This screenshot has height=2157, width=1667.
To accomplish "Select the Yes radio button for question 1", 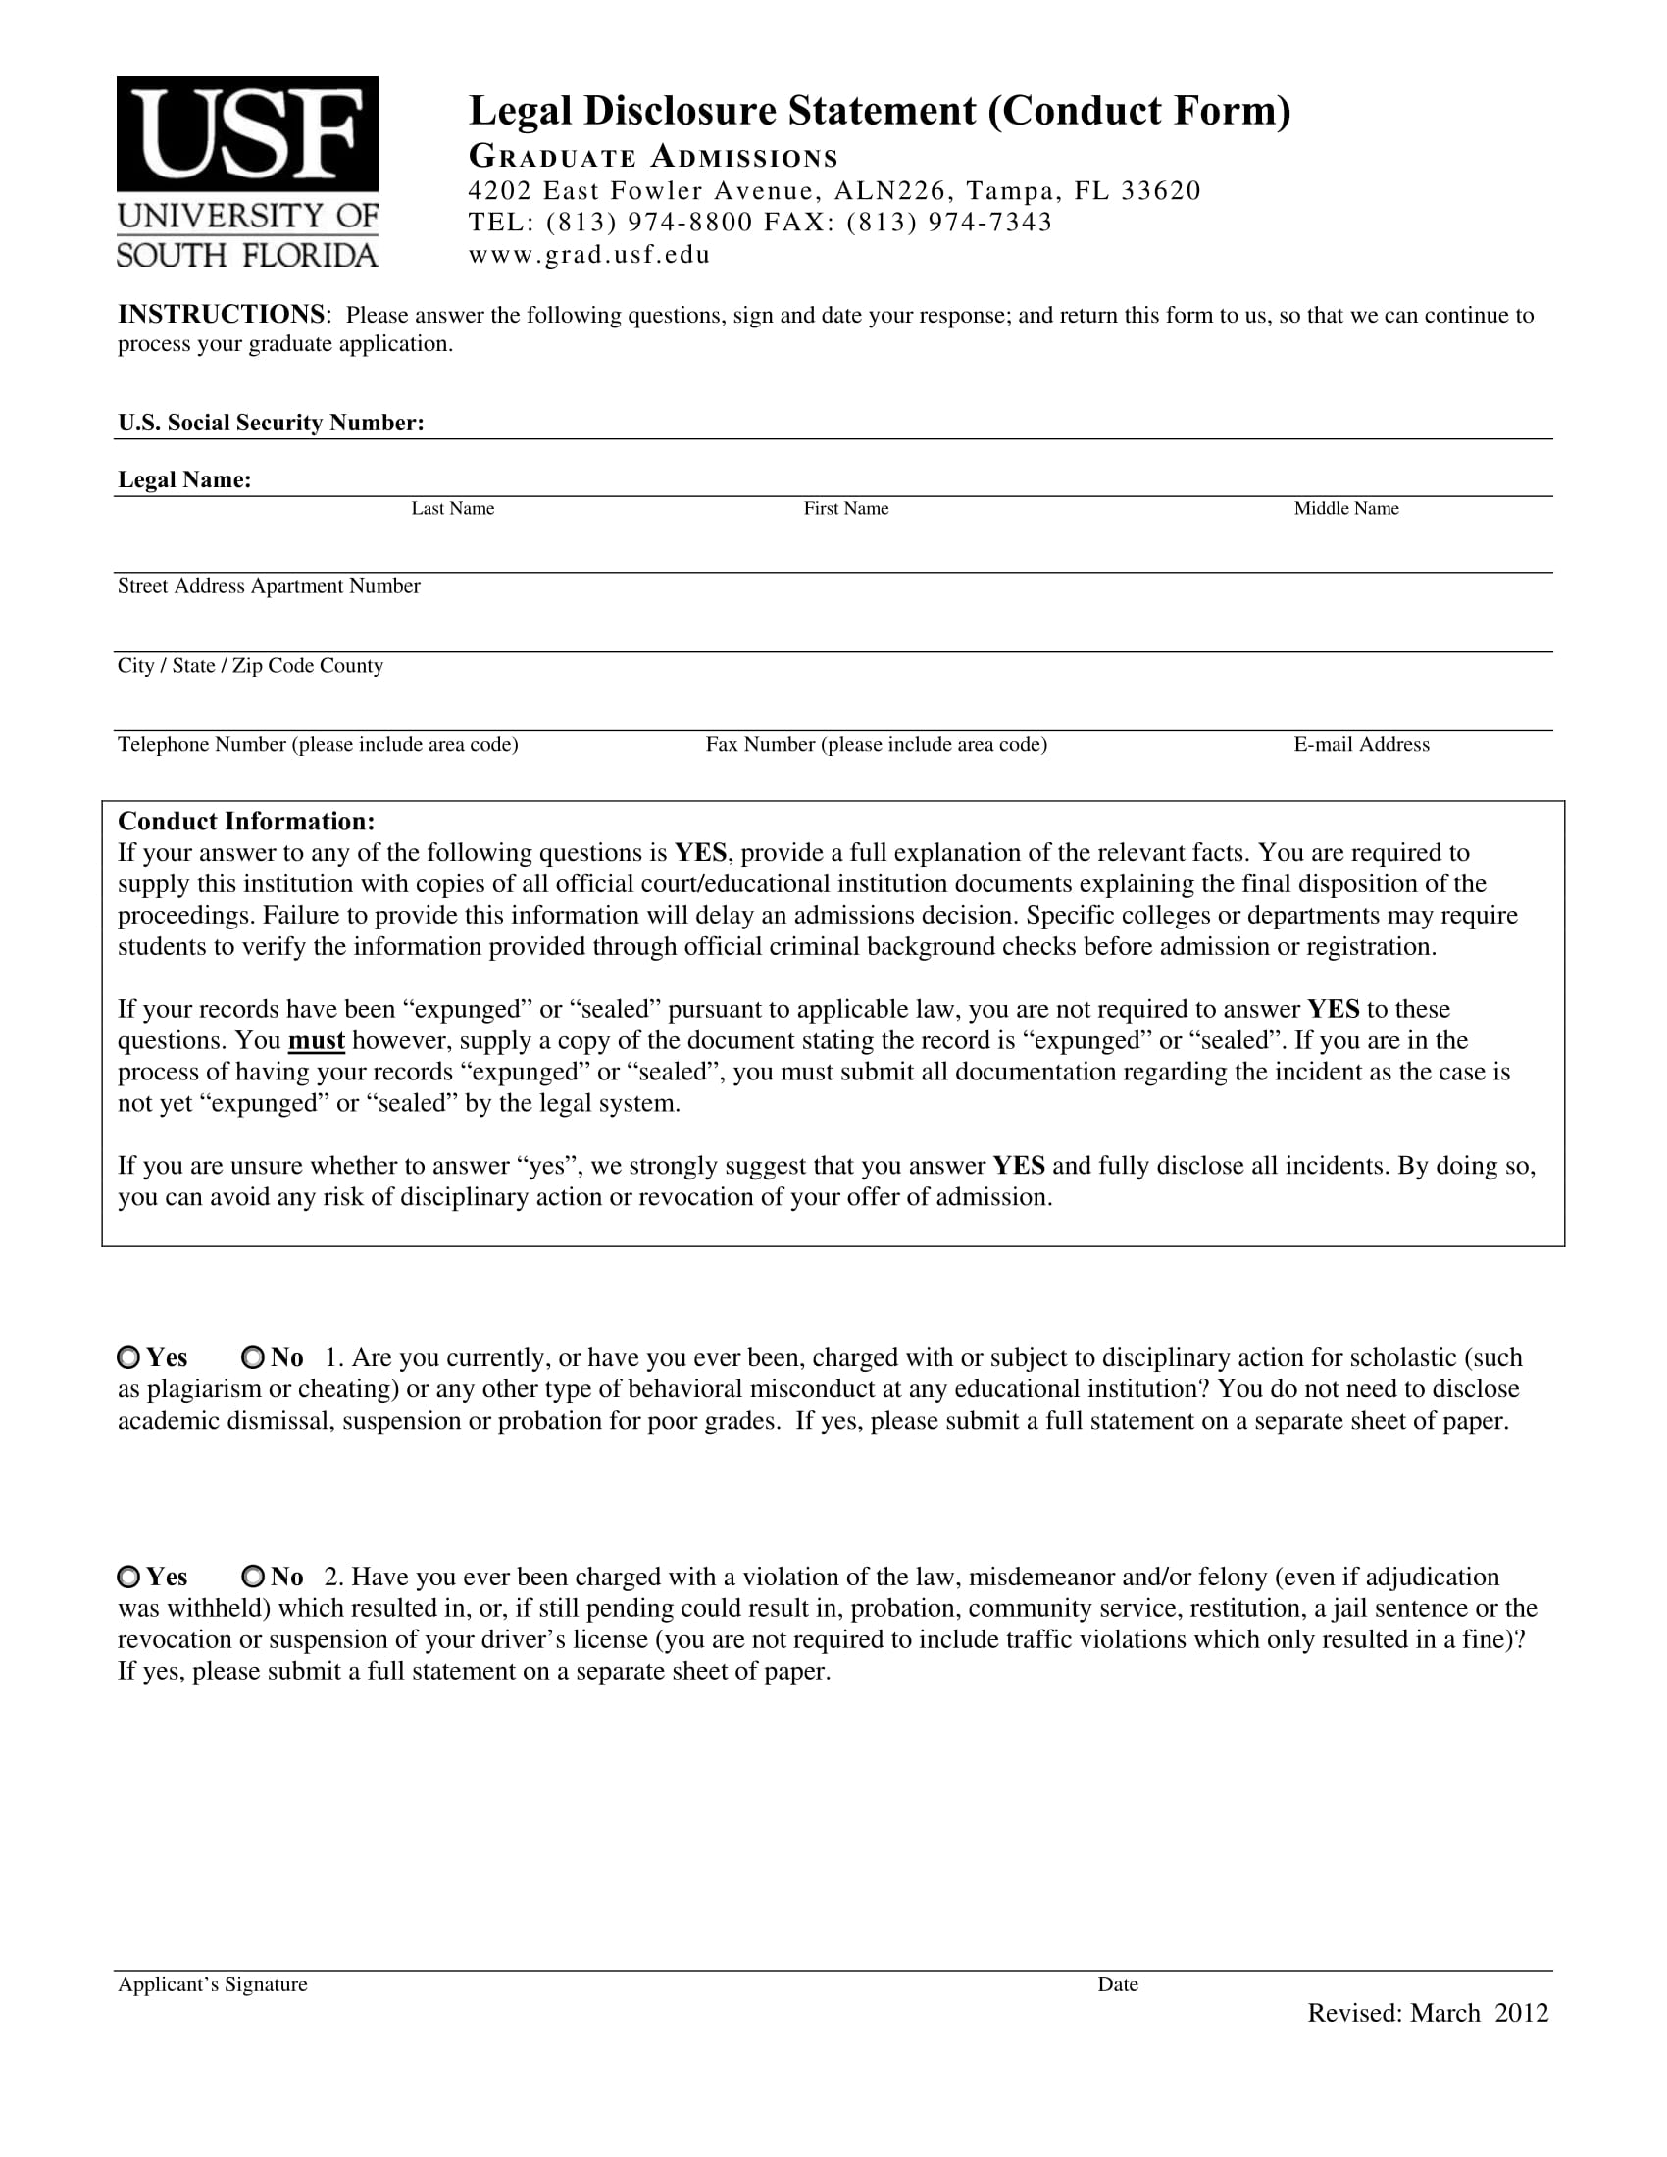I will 128,1357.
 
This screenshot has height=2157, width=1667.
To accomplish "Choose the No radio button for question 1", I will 253,1357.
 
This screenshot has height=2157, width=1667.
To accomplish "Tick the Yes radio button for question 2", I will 128,1577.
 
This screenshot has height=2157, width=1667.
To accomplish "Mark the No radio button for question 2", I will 253,1577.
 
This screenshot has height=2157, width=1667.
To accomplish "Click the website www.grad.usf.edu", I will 589,255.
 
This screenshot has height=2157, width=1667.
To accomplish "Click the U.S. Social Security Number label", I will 271,423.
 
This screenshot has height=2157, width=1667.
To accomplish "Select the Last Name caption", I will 452,509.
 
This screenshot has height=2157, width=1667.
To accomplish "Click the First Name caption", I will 845,509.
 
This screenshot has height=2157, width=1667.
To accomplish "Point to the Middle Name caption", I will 1346,509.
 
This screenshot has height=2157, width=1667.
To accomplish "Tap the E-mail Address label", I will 1361,745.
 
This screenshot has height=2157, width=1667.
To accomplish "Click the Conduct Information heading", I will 246,822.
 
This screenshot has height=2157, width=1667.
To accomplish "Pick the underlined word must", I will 316,1041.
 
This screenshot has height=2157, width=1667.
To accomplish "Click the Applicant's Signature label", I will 213,1985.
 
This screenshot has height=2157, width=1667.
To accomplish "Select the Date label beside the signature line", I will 1118,1985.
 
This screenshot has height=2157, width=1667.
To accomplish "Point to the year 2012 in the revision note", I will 1521,2014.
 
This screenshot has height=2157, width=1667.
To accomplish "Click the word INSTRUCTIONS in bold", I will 222,314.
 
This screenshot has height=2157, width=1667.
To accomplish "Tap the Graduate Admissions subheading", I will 653,157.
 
